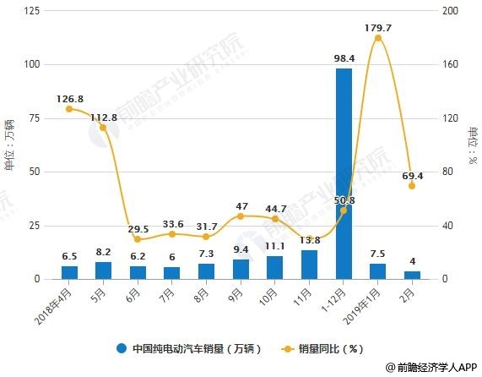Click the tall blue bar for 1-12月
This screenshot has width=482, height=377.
pyautogui.click(x=344, y=173)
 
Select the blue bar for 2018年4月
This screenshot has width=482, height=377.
pyautogui.click(x=69, y=272)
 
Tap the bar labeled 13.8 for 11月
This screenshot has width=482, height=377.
pyautogui.click(x=309, y=265)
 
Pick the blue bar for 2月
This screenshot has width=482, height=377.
pyautogui.click(x=412, y=275)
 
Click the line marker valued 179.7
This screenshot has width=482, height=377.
pyautogui.click(x=377, y=38)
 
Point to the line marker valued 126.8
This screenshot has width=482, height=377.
pyautogui.click(x=69, y=109)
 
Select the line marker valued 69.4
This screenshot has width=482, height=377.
pyautogui.click(x=412, y=186)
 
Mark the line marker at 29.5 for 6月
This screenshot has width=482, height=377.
pyautogui.click(x=138, y=239)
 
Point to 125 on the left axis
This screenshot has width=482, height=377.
pyautogui.click(x=35, y=10)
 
